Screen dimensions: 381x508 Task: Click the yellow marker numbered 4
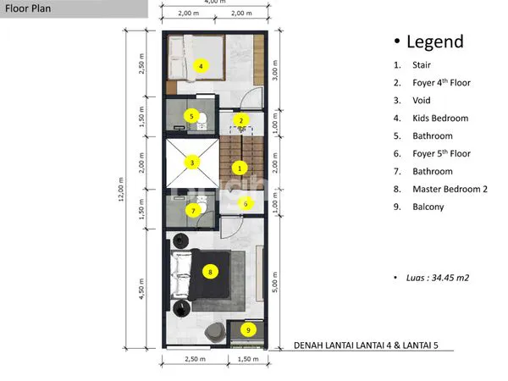pos(201,65)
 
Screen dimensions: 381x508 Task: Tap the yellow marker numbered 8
pos(210,272)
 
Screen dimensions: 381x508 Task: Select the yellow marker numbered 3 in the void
pos(193,163)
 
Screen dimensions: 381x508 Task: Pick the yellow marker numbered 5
pos(192,116)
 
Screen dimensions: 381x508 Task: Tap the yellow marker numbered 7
pos(193,210)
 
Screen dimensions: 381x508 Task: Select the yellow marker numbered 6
pos(246,203)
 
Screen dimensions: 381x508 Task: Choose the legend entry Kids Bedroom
pos(440,118)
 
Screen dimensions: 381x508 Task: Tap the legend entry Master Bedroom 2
pos(450,189)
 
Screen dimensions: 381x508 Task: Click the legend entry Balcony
pos(428,207)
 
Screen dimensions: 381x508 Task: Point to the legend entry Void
pos(422,100)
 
